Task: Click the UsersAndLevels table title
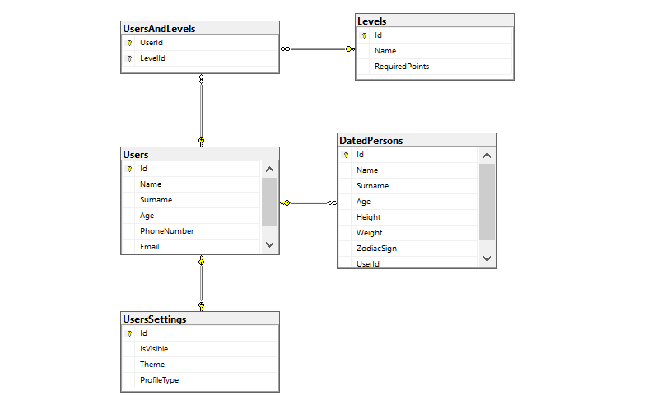(158, 29)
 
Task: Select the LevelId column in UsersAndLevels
(152, 58)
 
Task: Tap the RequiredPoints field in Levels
(401, 66)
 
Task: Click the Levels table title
(372, 20)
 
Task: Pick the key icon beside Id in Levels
(364, 35)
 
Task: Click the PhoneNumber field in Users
(166, 231)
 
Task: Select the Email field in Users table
(149, 246)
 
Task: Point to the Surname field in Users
(156, 200)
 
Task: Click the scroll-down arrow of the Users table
(269, 245)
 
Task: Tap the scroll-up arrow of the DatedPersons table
(487, 156)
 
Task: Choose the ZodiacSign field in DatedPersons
(376, 249)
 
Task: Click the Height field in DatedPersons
(368, 217)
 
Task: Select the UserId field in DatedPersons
(367, 263)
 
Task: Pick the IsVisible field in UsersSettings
(154, 349)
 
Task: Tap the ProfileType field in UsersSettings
(159, 380)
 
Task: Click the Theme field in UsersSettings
(152, 365)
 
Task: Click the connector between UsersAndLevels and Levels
(317, 49)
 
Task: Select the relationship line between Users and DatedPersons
(308, 202)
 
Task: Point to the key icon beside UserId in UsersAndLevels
(129, 43)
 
